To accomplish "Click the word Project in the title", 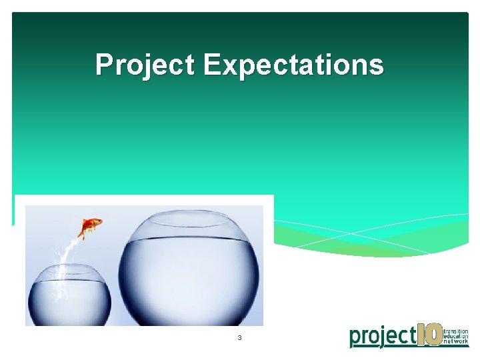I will (x=146, y=65).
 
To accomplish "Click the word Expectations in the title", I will (x=293, y=65).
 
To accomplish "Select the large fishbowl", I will (x=189, y=270).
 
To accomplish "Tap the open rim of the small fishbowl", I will (x=69, y=268).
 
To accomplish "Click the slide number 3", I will (x=239, y=338).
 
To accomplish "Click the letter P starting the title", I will (x=103, y=65).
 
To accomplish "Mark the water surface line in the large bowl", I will (x=189, y=239).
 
